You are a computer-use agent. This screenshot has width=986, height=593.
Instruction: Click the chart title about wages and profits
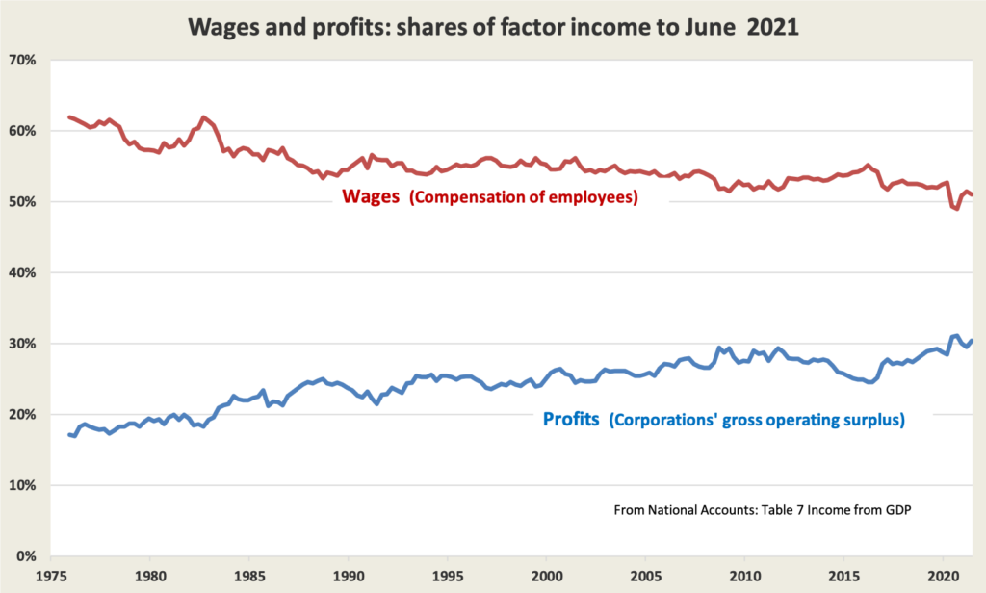(493, 25)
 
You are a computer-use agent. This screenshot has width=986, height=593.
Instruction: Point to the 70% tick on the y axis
(23, 60)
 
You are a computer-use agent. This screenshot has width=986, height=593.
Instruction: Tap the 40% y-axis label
(23, 272)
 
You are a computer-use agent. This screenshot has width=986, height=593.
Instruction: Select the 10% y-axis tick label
(23, 485)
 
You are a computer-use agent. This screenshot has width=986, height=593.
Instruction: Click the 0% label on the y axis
(27, 556)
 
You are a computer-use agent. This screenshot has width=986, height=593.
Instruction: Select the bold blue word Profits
(569, 421)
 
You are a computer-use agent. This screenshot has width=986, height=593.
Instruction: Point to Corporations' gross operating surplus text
(756, 421)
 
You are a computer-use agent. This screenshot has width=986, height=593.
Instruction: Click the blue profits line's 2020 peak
(956, 335)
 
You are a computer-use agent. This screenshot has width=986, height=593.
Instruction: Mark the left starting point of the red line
(69, 116)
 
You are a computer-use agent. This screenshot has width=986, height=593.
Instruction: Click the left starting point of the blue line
(69, 434)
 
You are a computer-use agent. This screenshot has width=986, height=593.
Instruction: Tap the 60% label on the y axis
(23, 131)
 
